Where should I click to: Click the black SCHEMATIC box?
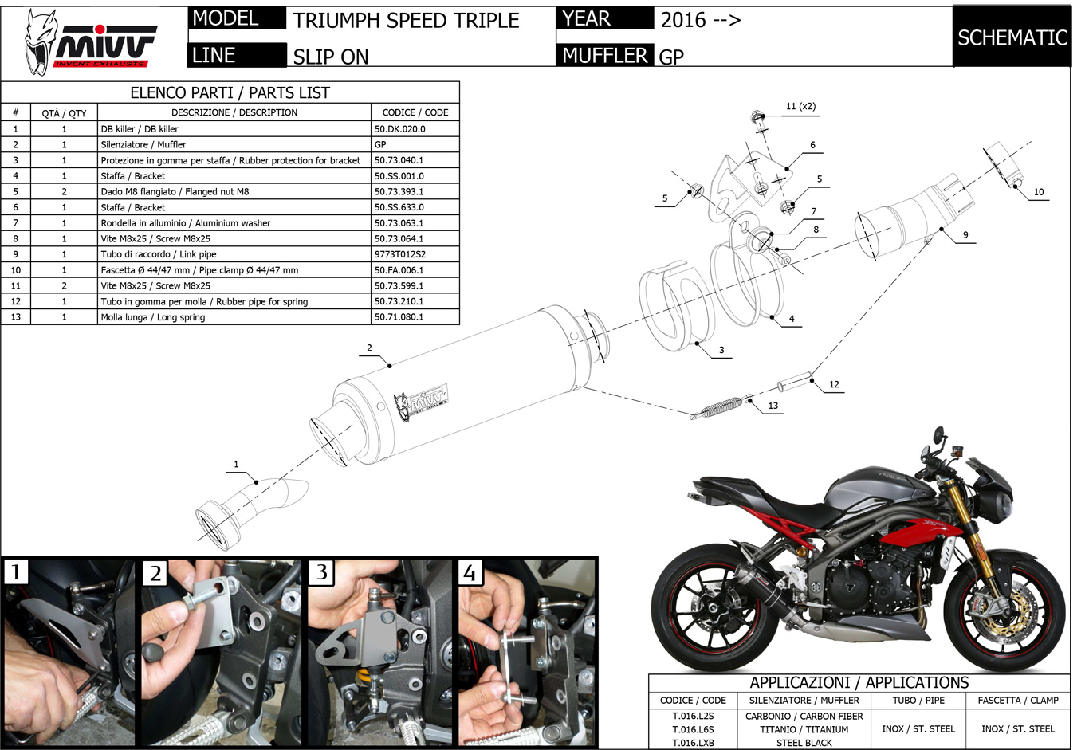coord(1012,37)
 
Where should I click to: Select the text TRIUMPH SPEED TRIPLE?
coord(406,20)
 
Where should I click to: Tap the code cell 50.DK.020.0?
coord(400,128)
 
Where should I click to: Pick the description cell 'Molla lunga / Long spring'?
coord(153,317)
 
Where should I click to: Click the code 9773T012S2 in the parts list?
coord(400,254)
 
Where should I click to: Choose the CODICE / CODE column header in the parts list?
coord(415,112)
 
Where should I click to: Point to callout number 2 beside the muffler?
coord(369,348)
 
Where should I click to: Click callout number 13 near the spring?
coord(773,406)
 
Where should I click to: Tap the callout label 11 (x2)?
coord(800,106)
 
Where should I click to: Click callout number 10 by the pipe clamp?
coord(1038,192)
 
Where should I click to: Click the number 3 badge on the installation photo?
coord(321,572)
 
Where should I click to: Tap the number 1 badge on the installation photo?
coord(16,572)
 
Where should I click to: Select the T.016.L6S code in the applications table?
coord(693,729)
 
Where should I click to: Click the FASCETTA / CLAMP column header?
coord(1017,701)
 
